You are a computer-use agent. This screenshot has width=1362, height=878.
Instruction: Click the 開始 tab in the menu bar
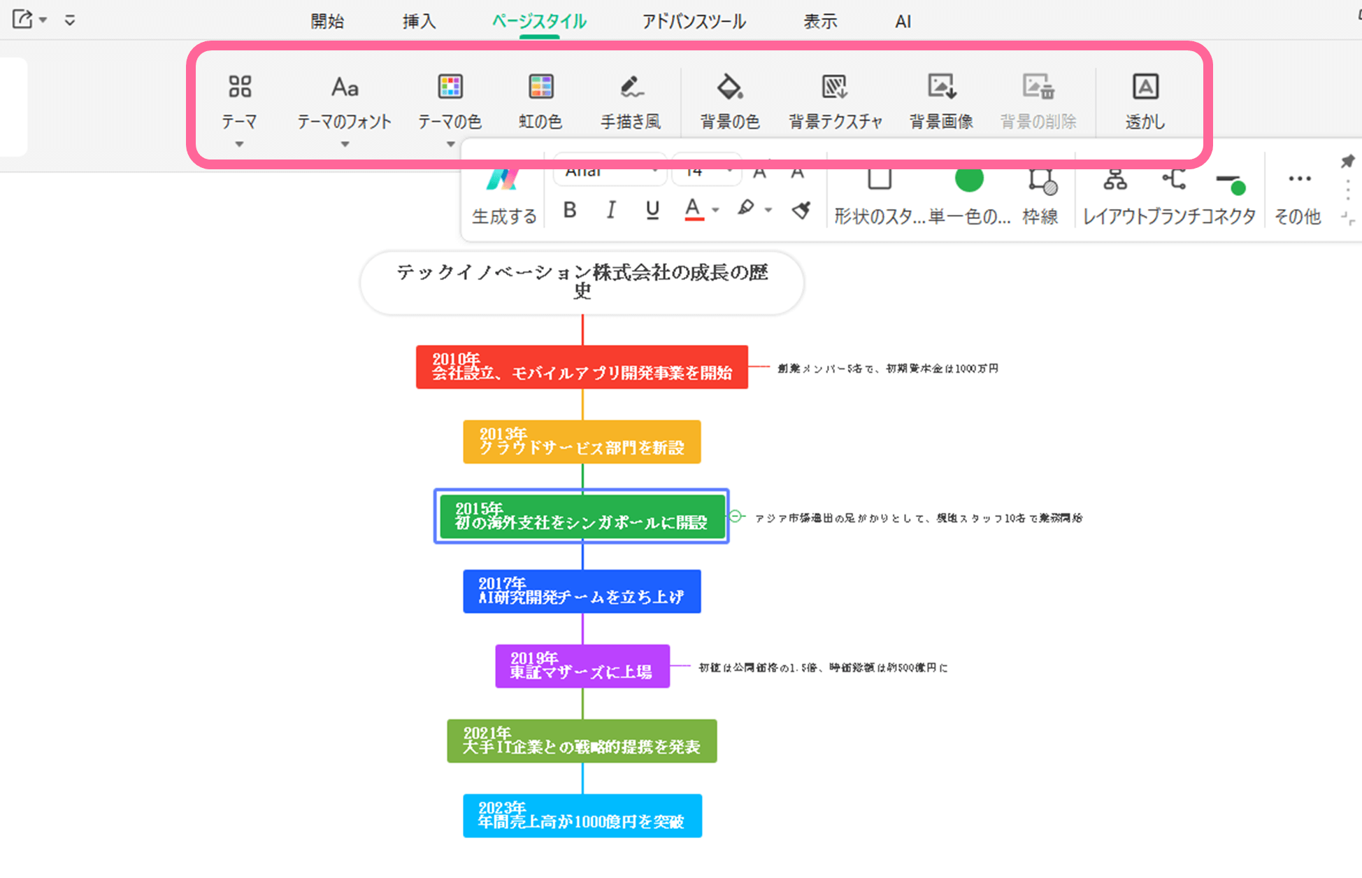coord(327,22)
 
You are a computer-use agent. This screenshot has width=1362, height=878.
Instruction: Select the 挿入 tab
coord(419,22)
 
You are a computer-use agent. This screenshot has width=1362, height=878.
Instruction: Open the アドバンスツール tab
coord(694,22)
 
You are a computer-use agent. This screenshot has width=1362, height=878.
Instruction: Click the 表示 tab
coord(820,22)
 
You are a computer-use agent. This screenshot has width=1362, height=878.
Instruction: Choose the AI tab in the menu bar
coord(903,22)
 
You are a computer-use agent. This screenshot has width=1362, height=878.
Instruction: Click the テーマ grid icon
coord(240,87)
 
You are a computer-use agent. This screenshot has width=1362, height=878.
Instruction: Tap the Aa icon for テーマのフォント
coord(345,87)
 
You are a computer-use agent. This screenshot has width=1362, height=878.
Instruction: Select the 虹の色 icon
coord(540,87)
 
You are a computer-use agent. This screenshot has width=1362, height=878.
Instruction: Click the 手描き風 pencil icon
coord(631,87)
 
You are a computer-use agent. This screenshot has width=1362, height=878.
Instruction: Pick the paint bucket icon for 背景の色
coord(730,87)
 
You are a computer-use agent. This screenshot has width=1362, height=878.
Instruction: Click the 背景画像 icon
coord(941,87)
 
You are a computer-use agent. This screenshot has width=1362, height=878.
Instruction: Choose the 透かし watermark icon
coord(1145,87)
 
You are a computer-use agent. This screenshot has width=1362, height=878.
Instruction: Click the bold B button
coord(570,210)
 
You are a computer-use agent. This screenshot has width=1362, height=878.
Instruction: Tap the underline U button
coord(652,210)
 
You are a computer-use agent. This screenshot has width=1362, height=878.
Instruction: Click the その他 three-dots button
coord(1299,179)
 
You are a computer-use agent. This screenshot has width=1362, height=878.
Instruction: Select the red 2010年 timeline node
coord(582,367)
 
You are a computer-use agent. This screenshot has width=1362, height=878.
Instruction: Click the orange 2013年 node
coord(582,441)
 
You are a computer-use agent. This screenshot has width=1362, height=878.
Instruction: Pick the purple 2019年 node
coord(582,666)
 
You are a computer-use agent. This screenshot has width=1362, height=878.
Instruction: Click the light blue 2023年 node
coord(582,816)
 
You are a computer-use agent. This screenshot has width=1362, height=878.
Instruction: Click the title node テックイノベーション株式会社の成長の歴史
coord(582,282)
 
